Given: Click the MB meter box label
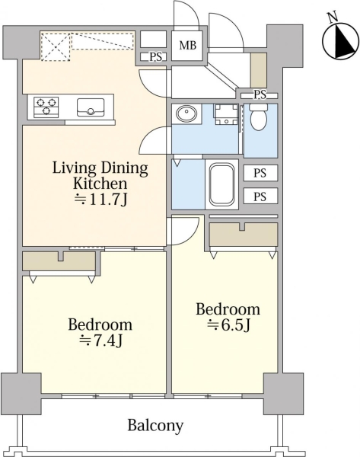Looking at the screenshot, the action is click(187, 45).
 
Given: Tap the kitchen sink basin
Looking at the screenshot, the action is click(91, 107).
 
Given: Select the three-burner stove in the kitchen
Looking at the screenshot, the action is click(46, 107).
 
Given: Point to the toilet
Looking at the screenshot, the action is click(258, 117).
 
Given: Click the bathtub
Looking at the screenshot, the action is click(221, 184).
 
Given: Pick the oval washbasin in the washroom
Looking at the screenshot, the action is click(186, 113).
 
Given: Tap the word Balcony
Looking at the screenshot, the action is click(155, 426).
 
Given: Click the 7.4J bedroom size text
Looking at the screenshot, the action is click(100, 340).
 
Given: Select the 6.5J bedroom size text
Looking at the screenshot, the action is click(229, 324).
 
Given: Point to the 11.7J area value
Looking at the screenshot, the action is click(100, 200).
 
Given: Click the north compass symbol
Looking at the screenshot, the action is click(340, 42).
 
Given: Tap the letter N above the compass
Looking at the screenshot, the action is click(332, 18).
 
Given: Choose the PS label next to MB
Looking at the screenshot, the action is click(156, 57).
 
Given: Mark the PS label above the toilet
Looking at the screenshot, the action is click(260, 94).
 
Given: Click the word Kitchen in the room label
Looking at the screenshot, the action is click(100, 184).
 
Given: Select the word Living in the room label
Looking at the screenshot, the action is click(75, 168).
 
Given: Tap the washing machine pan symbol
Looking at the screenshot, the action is click(226, 114).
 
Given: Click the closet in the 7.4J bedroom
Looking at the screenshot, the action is click(59, 261).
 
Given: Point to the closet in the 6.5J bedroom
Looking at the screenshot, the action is click(244, 235).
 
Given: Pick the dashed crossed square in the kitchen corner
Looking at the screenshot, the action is click(56, 46).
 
